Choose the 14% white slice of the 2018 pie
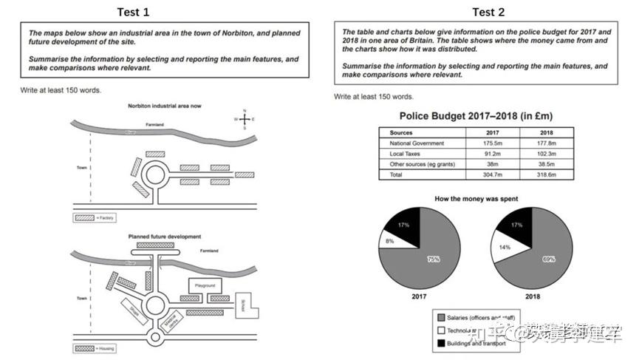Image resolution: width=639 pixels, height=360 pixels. (502, 247)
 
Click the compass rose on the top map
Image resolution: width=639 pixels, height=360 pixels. (244, 118)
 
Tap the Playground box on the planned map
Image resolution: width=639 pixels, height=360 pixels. (205, 285)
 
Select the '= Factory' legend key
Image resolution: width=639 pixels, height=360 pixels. (91, 218)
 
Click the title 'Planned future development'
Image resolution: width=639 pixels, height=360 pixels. (164, 237)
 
